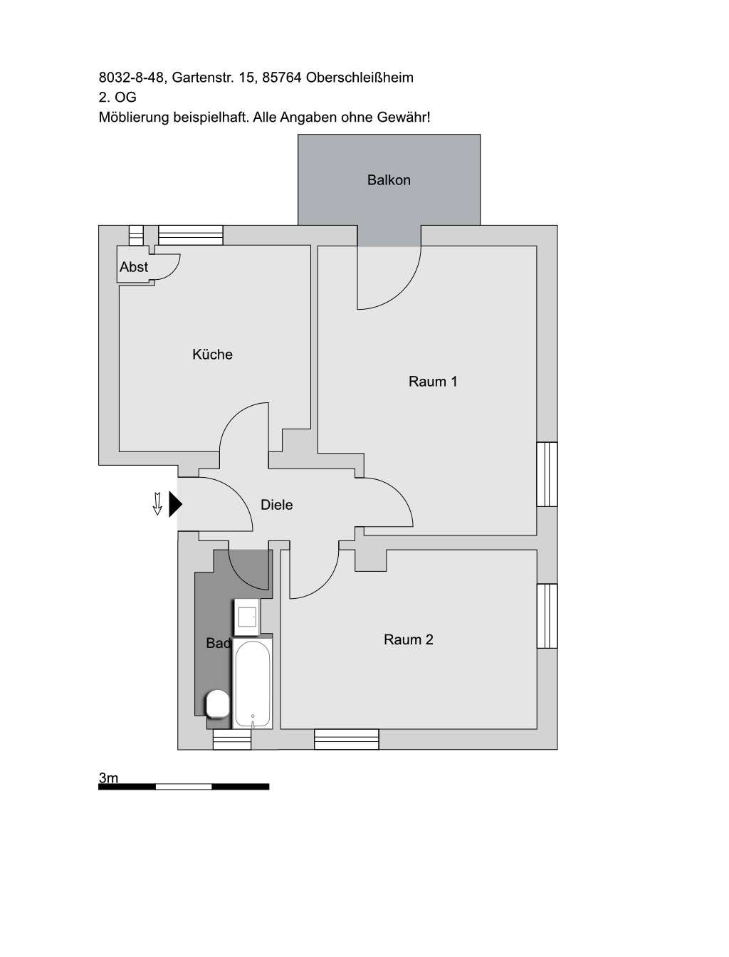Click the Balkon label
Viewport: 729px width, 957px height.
click(389, 180)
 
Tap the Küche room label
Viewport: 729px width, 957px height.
click(212, 355)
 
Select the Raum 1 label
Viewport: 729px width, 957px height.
click(433, 382)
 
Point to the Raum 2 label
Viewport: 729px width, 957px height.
click(409, 639)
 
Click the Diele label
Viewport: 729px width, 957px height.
click(277, 505)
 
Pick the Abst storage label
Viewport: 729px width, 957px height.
click(134, 267)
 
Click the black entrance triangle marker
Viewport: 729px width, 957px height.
click(174, 504)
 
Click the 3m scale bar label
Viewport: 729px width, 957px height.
click(108, 778)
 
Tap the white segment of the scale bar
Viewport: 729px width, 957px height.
click(184, 787)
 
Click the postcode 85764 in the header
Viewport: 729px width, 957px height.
click(281, 78)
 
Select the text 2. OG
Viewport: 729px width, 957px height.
click(117, 98)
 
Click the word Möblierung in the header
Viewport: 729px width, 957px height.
click(134, 117)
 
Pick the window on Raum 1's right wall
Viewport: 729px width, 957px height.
click(547, 474)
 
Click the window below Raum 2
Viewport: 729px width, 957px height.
click(347, 739)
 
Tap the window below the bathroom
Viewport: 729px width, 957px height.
click(232, 740)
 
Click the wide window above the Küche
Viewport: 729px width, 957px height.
click(190, 235)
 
